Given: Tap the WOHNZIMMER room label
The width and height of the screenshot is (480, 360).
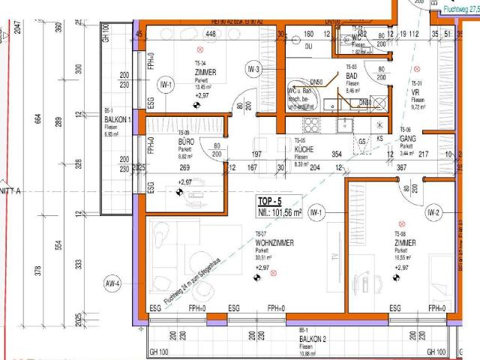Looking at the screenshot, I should (x=274, y=244).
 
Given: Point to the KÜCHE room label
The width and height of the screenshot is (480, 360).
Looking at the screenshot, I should (x=304, y=148).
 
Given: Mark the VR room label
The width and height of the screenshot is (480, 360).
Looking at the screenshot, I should (x=415, y=93).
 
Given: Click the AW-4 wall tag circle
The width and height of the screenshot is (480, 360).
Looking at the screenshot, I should (x=112, y=283).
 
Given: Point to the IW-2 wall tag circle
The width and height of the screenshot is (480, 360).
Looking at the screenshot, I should (x=433, y=213).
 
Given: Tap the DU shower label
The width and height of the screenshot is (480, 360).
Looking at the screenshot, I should (x=309, y=46).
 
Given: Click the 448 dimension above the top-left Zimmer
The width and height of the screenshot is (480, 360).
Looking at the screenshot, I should (x=211, y=34).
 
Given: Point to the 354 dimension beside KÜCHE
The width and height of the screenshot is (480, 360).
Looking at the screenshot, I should (x=337, y=154).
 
